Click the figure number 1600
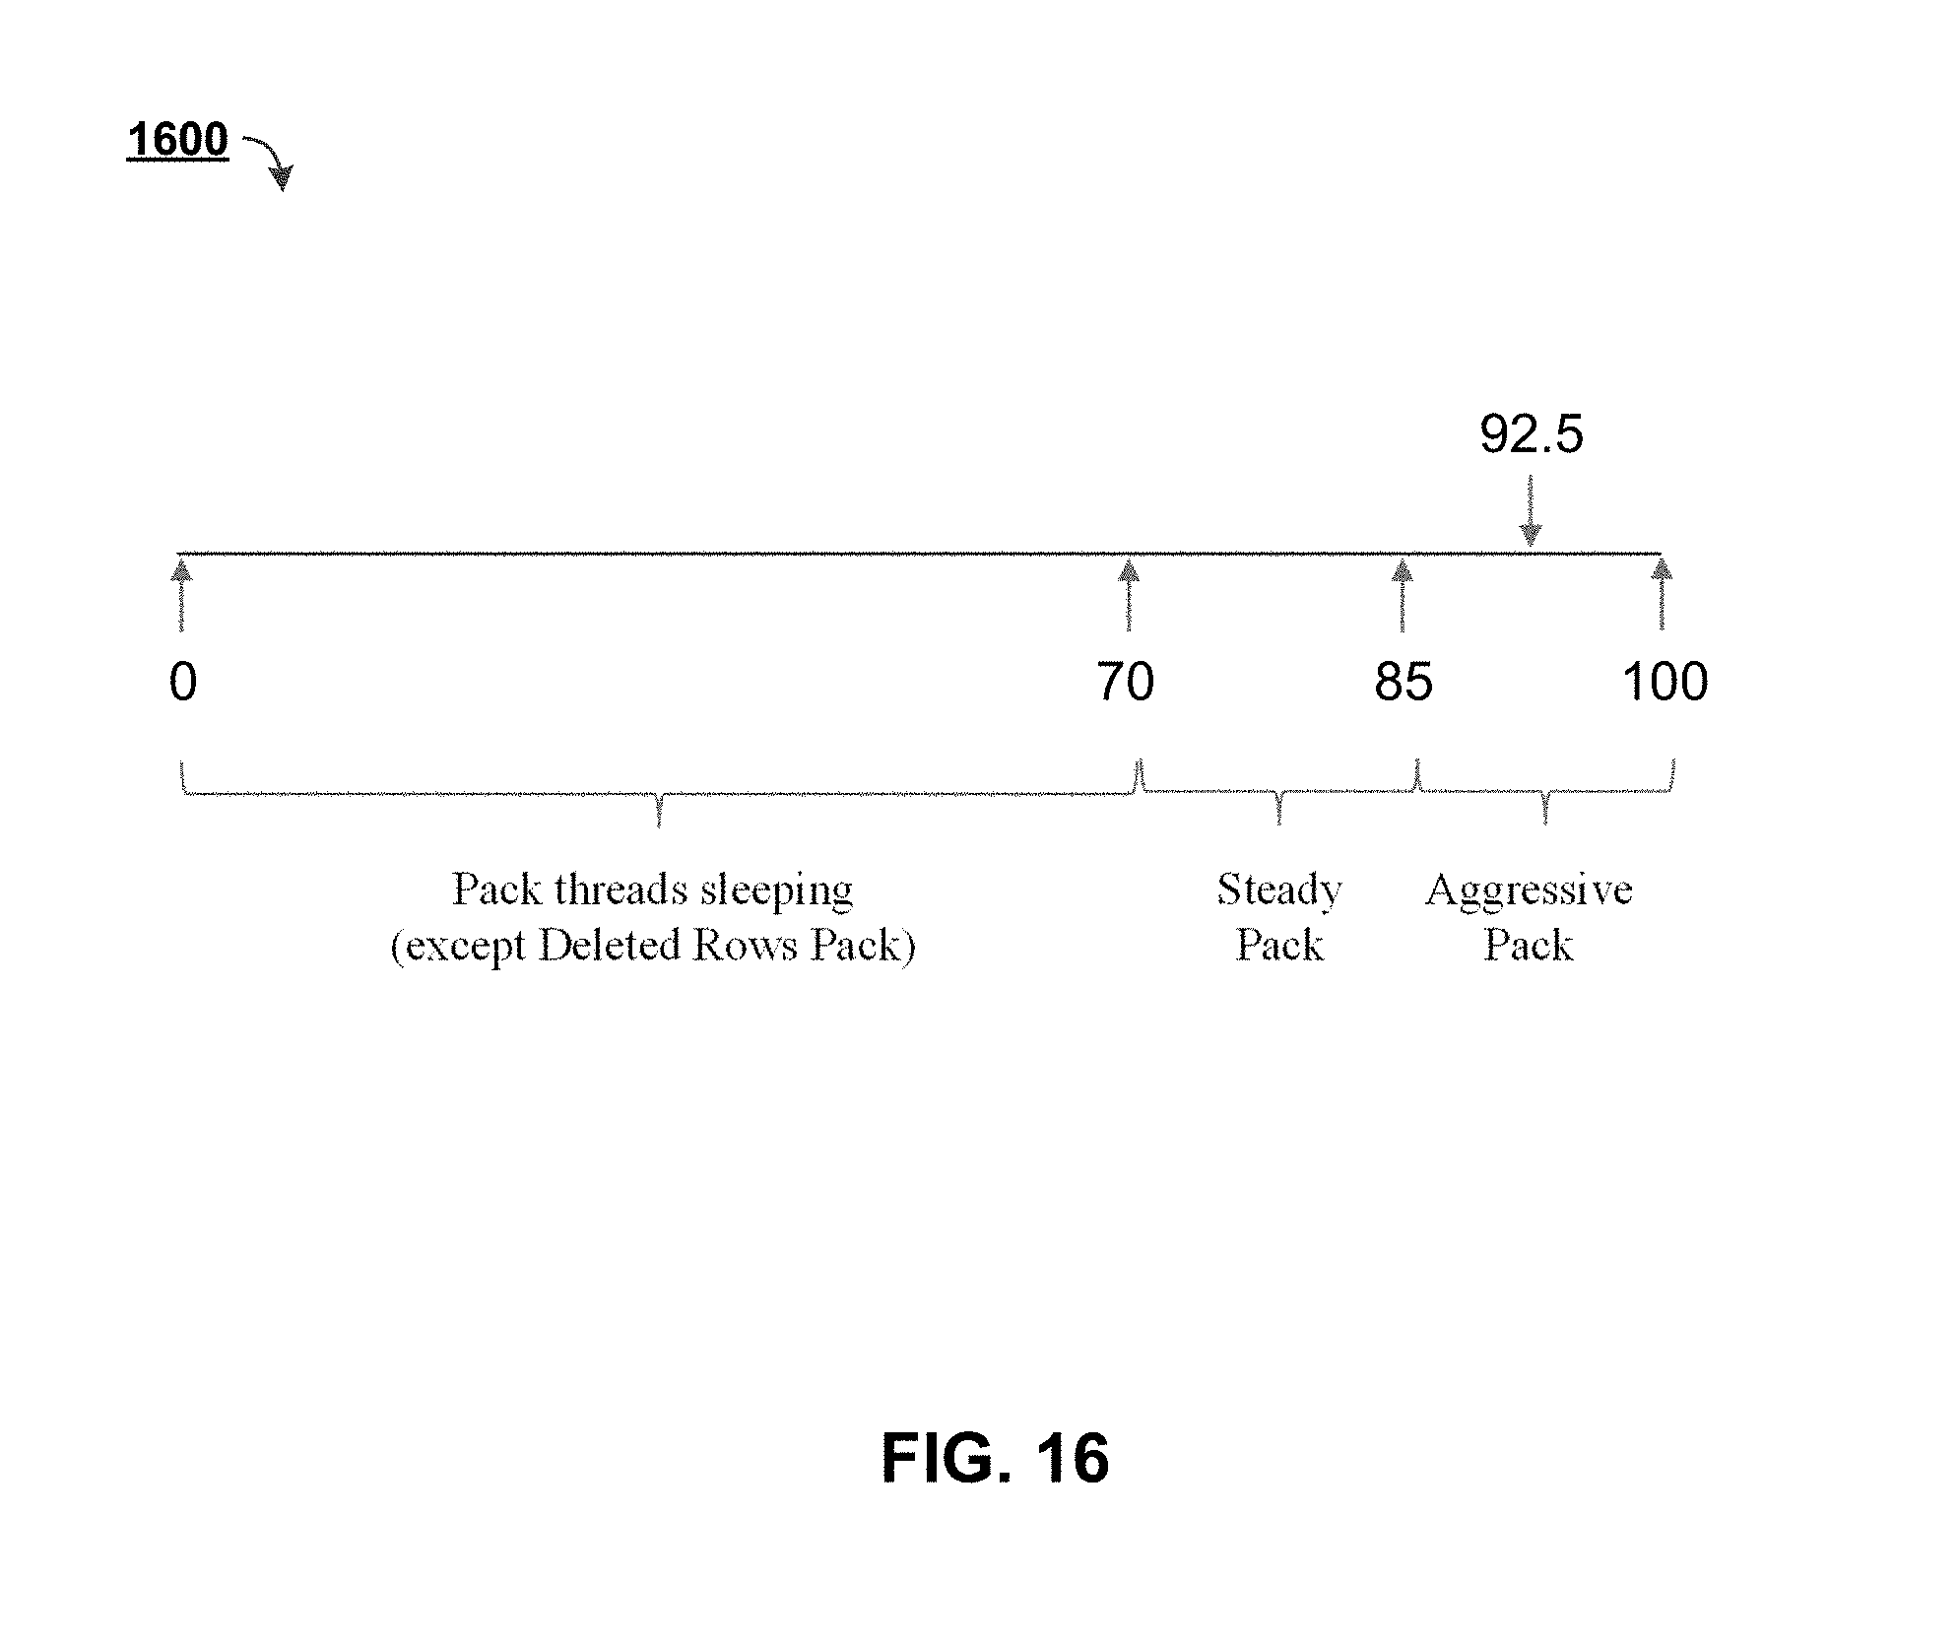point(177,140)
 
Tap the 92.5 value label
point(1531,434)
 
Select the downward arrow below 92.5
point(1530,511)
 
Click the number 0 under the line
point(183,682)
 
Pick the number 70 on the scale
point(1126,682)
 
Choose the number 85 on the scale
point(1404,682)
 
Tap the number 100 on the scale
point(1665,682)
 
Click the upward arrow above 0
point(181,596)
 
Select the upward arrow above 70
point(1130,596)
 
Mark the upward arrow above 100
point(1663,596)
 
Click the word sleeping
point(776,891)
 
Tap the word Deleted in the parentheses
point(610,946)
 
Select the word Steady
point(1278,890)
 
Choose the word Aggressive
point(1529,890)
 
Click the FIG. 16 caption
point(995,1459)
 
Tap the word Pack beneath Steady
point(1278,946)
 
